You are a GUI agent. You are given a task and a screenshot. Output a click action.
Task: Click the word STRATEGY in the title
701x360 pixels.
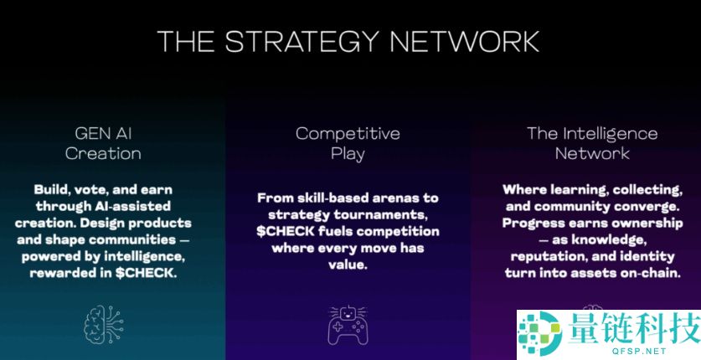302,41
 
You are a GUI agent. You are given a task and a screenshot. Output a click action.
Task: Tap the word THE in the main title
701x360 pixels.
186,41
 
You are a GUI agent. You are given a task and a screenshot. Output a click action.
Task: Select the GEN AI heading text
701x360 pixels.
103,133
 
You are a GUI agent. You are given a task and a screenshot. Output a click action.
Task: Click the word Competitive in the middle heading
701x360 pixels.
348,133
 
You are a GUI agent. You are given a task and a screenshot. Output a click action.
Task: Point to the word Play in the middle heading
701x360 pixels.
348,154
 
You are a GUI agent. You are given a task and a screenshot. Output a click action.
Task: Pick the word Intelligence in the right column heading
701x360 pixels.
610,133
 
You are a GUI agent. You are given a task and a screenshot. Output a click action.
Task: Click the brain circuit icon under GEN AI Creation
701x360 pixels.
104,324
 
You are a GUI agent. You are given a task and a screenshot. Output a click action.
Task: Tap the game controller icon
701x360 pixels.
348,325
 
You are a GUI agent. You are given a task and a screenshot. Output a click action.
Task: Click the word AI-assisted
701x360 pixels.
132,206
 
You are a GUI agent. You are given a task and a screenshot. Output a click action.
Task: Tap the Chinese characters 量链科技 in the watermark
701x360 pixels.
635,328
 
